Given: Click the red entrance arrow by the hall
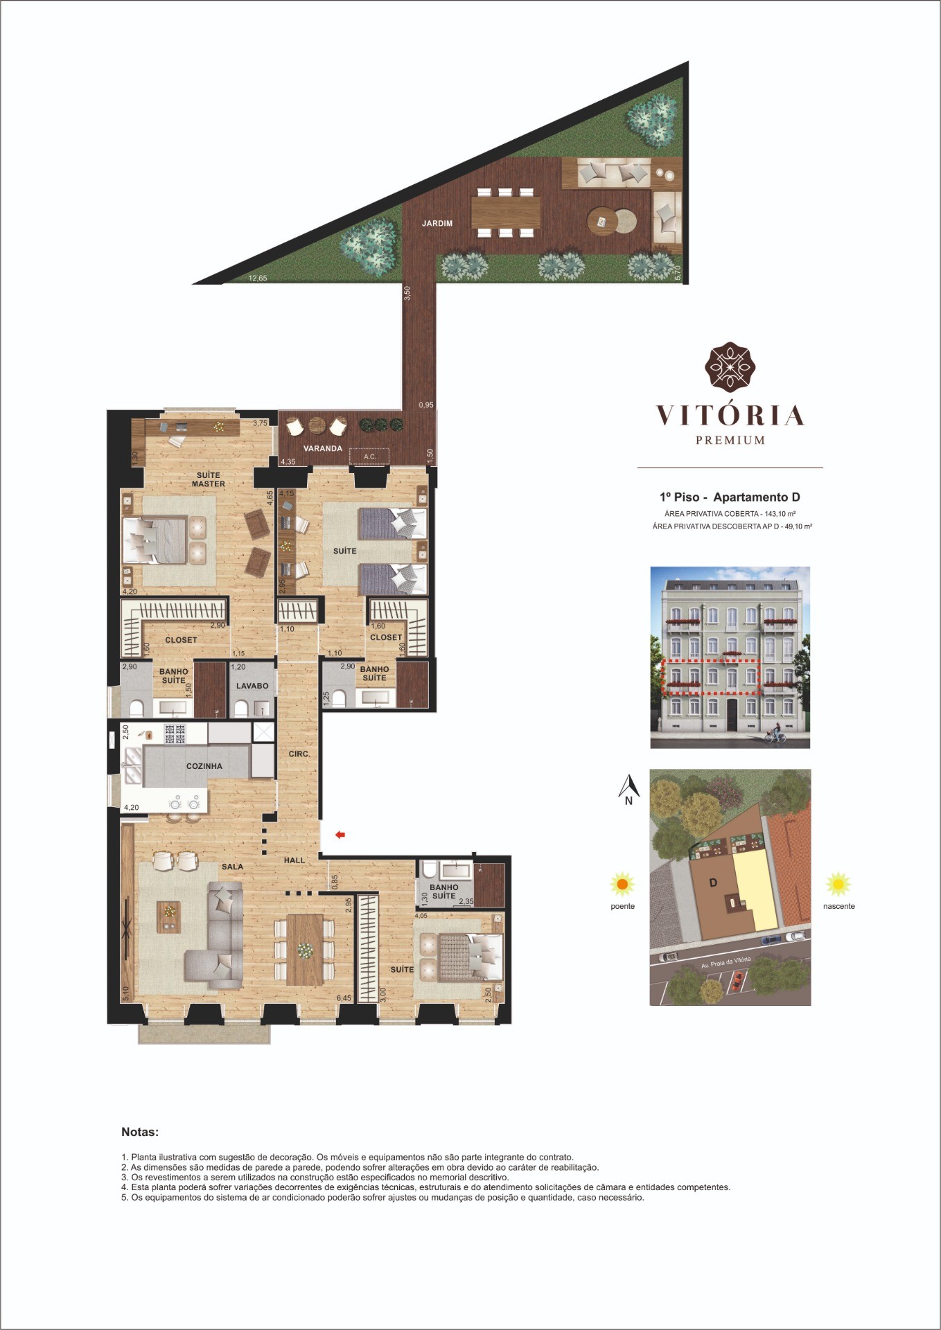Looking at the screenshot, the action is click(340, 835).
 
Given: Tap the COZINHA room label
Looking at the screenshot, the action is click(204, 766).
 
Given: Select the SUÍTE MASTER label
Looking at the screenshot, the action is click(209, 479).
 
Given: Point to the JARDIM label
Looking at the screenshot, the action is click(437, 223).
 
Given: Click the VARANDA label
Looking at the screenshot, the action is click(323, 448).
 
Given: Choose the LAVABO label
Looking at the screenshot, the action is click(252, 686).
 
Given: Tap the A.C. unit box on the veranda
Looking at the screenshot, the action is click(369, 456).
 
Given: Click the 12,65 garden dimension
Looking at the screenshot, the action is click(258, 278).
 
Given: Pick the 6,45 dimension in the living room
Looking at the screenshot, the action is click(344, 998).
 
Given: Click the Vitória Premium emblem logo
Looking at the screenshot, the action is click(730, 366).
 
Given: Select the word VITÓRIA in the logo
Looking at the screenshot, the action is click(730, 415).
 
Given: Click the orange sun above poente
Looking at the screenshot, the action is click(622, 885).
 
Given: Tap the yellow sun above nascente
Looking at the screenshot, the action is click(838, 884).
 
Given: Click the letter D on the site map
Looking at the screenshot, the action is click(713, 883).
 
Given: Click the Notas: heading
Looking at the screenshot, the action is click(140, 1132).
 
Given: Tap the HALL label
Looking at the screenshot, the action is click(294, 860).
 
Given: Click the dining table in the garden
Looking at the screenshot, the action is click(506, 213).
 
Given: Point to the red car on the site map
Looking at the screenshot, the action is click(737, 979).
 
